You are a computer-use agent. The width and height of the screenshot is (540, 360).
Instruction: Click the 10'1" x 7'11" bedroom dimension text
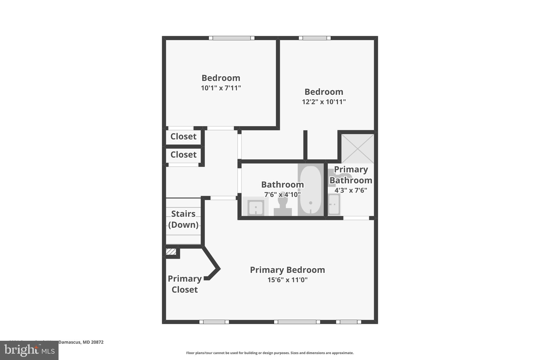pyautogui.click(x=221, y=88)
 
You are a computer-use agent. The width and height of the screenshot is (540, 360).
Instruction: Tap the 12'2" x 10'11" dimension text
pyautogui.click(x=324, y=102)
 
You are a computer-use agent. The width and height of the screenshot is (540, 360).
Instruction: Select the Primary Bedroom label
pyautogui.click(x=287, y=270)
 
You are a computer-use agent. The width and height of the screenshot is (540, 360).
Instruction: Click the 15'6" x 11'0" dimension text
pyautogui.click(x=287, y=280)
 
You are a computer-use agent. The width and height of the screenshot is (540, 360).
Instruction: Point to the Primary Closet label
pyautogui.click(x=185, y=284)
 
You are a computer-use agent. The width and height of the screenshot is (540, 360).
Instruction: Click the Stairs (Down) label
pyautogui.click(x=183, y=219)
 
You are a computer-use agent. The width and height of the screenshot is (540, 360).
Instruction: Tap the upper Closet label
pyautogui.click(x=183, y=136)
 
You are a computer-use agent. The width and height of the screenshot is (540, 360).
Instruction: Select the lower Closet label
pyautogui.click(x=183, y=155)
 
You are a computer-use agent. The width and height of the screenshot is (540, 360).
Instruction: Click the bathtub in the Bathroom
pyautogui.click(x=311, y=189)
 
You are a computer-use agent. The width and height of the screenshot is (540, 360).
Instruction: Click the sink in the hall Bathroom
pyautogui.click(x=255, y=207)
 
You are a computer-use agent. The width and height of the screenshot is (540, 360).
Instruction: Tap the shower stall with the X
pyautogui.click(x=358, y=148)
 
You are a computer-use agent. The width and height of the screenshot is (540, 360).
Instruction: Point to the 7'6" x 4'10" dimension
pyautogui.click(x=282, y=195)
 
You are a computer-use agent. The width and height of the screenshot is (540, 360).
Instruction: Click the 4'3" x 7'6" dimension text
pyautogui.click(x=351, y=190)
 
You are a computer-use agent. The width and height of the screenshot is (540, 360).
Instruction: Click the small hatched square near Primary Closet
pyautogui.click(x=171, y=252)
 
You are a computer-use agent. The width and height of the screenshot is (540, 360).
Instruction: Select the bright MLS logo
pyautogui.click(x=29, y=351)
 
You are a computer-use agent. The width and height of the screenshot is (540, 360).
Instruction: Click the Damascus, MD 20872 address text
pyautogui.click(x=81, y=342)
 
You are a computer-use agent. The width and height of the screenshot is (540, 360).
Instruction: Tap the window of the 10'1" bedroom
pyautogui.click(x=232, y=38)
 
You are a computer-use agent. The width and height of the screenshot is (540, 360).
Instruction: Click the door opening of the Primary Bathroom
pyautogui.click(x=356, y=218)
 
